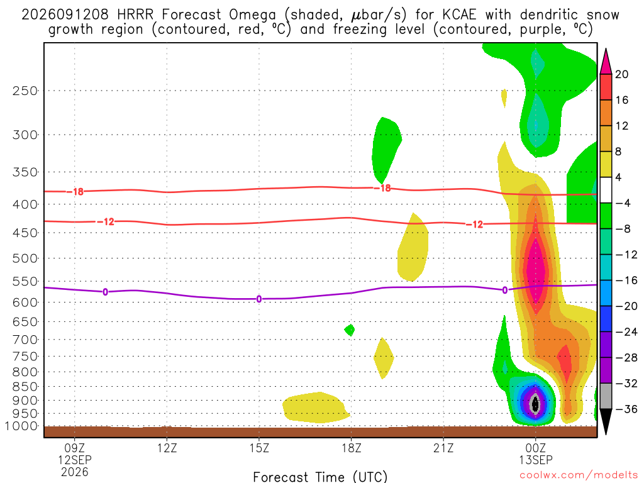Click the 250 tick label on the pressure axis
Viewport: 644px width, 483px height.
[25, 91]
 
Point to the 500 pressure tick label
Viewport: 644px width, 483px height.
[25, 258]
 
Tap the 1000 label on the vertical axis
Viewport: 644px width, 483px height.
[21, 426]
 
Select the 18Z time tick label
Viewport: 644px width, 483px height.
[352, 448]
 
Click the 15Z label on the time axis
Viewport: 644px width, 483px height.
[259, 448]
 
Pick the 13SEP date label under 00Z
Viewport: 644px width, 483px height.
[536, 460]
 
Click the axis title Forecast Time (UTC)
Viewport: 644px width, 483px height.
[320, 477]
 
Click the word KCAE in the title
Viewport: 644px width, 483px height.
[459, 15]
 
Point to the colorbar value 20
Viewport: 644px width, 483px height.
[621, 74]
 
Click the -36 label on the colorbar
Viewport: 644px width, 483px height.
[626, 409]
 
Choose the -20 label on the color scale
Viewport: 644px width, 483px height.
[626, 306]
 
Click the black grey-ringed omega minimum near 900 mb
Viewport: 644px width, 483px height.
[535, 404]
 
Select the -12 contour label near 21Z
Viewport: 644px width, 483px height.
[475, 225]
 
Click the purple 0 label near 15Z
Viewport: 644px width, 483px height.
[258, 299]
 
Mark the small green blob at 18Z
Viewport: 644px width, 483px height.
[350, 330]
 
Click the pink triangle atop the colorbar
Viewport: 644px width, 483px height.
[606, 61]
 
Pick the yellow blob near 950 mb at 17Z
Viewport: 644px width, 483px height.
[316, 408]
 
